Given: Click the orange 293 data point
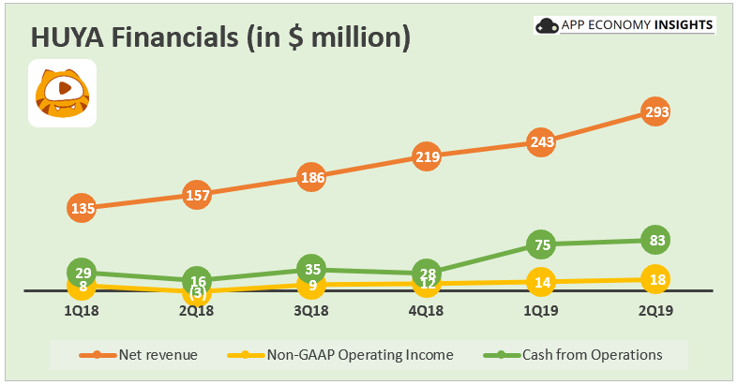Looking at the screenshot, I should click(655, 112).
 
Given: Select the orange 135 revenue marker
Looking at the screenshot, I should click(83, 208).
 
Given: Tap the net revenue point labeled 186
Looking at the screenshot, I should click(311, 177).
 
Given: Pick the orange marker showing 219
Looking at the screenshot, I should click(427, 157).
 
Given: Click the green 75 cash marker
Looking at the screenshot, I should click(541, 245).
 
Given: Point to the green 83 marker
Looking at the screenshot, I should click(655, 241).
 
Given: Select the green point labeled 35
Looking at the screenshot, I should click(311, 269).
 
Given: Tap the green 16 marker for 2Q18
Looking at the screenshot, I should click(197, 280).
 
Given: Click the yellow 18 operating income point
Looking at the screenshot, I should click(655, 278).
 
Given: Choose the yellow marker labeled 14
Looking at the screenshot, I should click(541, 281).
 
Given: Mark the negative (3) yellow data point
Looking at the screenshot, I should click(197, 293).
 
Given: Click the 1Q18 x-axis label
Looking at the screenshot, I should click(83, 309).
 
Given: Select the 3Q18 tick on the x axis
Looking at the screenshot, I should click(311, 309).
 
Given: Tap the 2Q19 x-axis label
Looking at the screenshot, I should click(655, 309).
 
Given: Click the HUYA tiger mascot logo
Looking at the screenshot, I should click(62, 92).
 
